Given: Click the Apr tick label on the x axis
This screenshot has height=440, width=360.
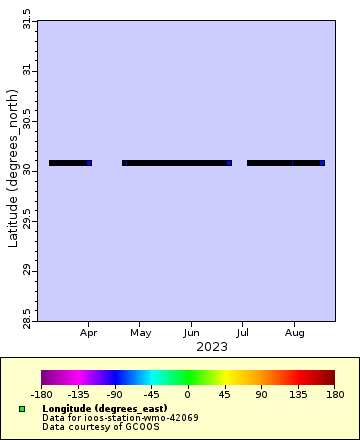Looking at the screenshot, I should tap(89, 331).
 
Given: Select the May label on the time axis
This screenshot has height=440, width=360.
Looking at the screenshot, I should tap(140, 331).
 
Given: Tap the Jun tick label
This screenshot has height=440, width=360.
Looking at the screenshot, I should tap(191, 331).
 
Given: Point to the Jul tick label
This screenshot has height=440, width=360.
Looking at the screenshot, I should tap(242, 331).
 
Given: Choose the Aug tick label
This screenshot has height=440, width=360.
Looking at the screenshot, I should tap(294, 331).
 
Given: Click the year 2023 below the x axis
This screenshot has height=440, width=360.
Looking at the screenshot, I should tap(212, 347).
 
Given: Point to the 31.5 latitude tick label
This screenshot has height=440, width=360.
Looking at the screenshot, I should tap(27, 20).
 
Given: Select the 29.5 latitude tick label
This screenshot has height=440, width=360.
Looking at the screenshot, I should tap(27, 220).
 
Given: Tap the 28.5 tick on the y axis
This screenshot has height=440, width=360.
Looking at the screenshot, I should tap(27, 320).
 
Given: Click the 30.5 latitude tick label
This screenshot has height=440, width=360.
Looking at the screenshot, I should tap(27, 120).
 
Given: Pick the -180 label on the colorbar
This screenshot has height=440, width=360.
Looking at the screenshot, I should tap(41, 395).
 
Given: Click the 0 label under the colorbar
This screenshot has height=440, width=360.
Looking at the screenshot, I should tap(187, 395).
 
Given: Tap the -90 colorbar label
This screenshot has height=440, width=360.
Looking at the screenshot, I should tap(114, 395).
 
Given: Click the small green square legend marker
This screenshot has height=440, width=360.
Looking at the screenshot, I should tap(22, 409).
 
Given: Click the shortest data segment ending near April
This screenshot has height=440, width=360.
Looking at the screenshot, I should tap(70, 162).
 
